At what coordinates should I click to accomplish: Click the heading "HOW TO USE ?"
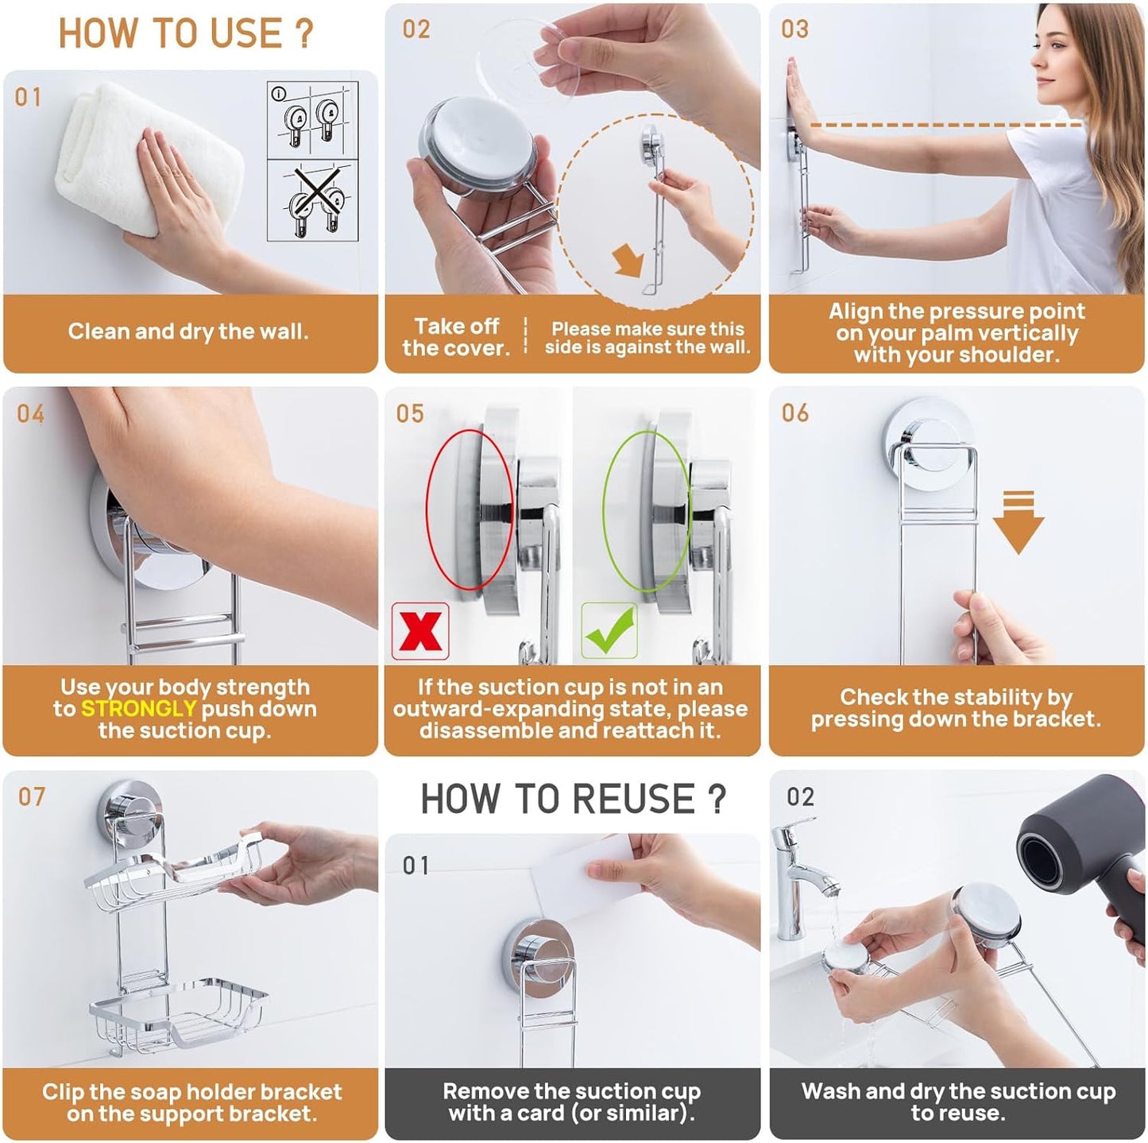coord(186,33)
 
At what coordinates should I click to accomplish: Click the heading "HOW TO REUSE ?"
coord(573,799)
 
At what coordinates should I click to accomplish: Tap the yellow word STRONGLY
coord(138,708)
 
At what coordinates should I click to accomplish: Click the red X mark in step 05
coord(420,631)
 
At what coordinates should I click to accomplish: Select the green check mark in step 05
coord(609,631)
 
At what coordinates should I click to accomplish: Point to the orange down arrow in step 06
coord(1018,523)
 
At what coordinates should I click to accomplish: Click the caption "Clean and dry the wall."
coord(188,331)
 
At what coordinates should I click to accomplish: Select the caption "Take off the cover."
coord(455,337)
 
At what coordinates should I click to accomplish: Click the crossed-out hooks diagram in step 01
coord(313,200)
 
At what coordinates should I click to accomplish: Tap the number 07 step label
coord(32,797)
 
